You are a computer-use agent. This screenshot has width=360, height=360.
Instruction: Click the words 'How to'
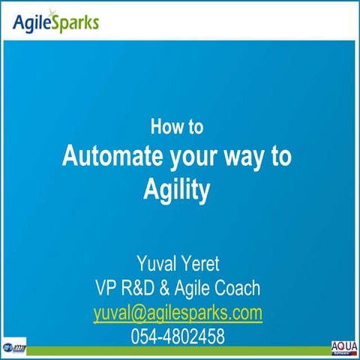click(177, 127)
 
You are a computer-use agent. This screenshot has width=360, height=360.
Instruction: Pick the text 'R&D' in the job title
click(142, 288)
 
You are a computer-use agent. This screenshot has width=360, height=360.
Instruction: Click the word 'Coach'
click(235, 288)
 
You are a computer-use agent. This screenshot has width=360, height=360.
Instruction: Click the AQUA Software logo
click(343, 348)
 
